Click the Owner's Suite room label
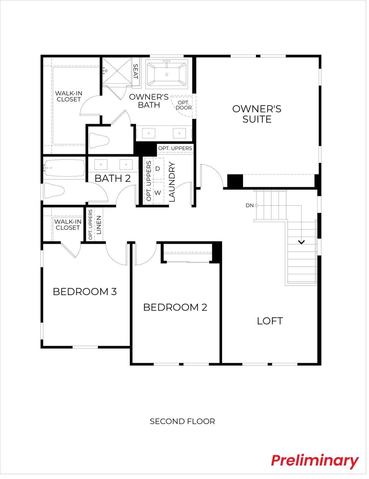tap(257, 114)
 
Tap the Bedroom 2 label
tap(175, 307)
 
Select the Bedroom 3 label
tap(85, 292)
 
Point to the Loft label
tap(270, 321)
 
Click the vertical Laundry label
tap(172, 182)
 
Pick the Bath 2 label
tap(112, 178)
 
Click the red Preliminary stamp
tap(314, 461)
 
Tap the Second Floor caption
tap(182, 421)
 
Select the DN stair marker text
tap(250, 205)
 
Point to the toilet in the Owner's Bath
tap(99, 140)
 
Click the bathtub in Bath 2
tap(64, 168)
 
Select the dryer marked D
tap(158, 169)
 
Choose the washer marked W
tap(158, 193)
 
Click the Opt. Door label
tap(184, 105)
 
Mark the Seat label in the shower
tap(135, 71)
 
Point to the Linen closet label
tap(98, 225)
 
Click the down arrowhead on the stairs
tap(301, 242)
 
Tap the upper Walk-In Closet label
tap(69, 96)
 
